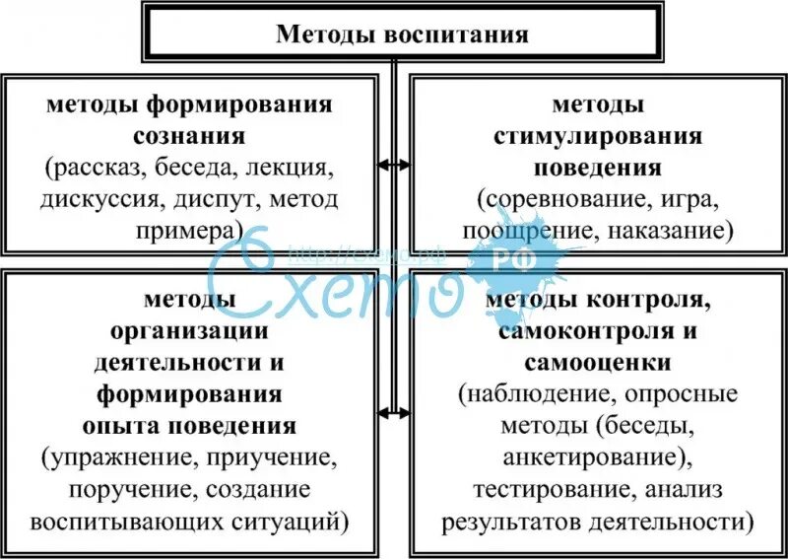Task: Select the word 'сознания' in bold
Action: [x=192, y=135]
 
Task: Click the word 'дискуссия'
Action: [x=101, y=199]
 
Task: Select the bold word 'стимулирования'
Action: [x=598, y=135]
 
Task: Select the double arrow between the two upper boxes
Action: [x=395, y=164]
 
